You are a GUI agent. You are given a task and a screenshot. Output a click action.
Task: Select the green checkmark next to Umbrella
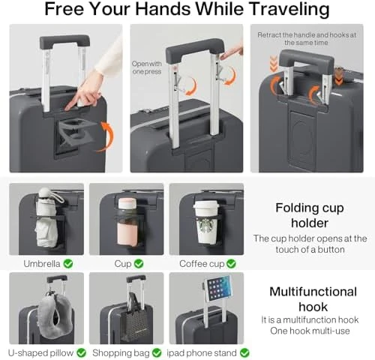click(x=68, y=263)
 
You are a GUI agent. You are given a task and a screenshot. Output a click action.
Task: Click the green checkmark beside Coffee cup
click(x=230, y=263)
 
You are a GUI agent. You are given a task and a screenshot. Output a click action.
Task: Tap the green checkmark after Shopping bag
click(x=157, y=352)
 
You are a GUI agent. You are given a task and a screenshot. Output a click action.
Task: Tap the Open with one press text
click(x=145, y=67)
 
